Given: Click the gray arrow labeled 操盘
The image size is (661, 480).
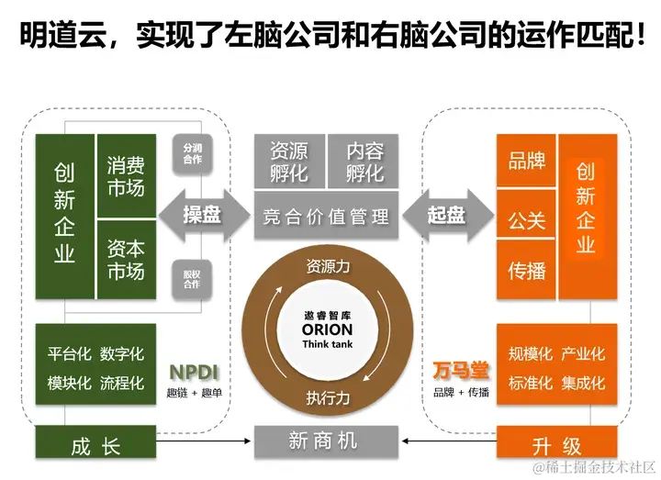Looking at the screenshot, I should pyautogui.click(x=204, y=215).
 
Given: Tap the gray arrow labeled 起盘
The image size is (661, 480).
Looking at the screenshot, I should pyautogui.click(x=447, y=215).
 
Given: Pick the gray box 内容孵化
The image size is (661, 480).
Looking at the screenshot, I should pyautogui.click(x=364, y=161).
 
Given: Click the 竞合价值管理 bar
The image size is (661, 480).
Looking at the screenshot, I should pyautogui.click(x=326, y=216).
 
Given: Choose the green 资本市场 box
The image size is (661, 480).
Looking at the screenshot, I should pyautogui.click(x=126, y=260).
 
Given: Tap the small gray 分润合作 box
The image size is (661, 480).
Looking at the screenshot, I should pyautogui.click(x=192, y=152).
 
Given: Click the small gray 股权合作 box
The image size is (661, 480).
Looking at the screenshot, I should pyautogui.click(x=192, y=278).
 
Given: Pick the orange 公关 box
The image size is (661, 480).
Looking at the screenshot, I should pyautogui.click(x=526, y=220).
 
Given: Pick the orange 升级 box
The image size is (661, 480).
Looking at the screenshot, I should pyautogui.click(x=556, y=446).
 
